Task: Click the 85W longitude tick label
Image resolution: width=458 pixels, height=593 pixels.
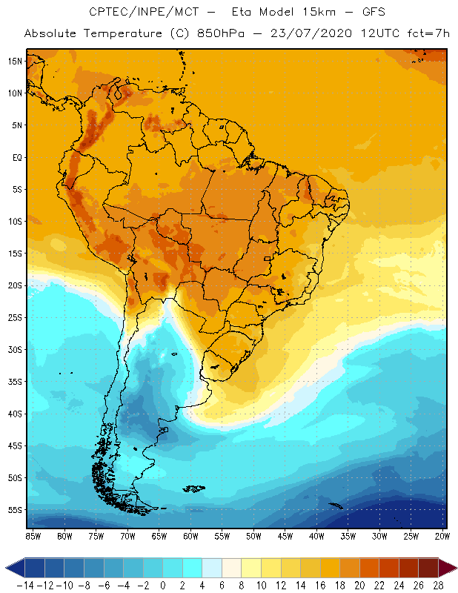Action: click(33, 536)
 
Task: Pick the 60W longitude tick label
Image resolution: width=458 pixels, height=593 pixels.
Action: click(190, 536)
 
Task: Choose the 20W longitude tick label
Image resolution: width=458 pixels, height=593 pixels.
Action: click(442, 536)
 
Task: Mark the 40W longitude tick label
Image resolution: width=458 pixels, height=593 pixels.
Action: click(316, 536)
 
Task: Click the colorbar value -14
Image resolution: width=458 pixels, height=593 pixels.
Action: click(25, 585)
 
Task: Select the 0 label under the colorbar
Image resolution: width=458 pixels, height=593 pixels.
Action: click(163, 585)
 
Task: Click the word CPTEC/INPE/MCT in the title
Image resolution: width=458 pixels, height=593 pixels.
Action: click(132, 13)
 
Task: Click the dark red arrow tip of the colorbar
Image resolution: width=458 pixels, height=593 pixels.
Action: click(448, 569)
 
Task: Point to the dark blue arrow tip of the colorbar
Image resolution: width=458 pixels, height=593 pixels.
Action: click(13, 569)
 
